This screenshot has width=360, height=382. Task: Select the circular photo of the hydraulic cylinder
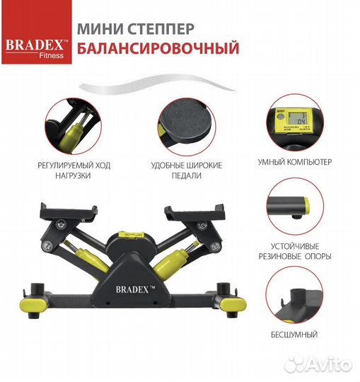point(74,125)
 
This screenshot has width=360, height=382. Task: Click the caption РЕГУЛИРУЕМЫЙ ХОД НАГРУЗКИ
point(74,170)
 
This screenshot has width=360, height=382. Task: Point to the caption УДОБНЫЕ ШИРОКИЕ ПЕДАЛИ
point(186,170)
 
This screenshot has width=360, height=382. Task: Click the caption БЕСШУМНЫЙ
point(294,333)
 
